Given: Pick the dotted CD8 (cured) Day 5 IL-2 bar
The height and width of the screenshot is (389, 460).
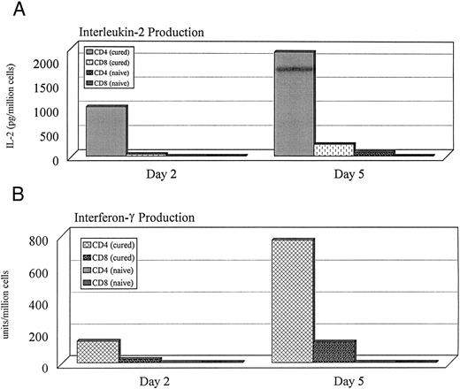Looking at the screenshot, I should click(x=333, y=149).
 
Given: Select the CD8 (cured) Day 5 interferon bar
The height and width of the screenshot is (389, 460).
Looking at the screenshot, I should click(x=333, y=351).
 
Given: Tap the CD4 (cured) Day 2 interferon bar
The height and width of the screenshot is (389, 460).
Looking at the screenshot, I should click(x=97, y=351).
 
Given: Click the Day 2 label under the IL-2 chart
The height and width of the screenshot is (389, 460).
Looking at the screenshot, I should click(x=164, y=172).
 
